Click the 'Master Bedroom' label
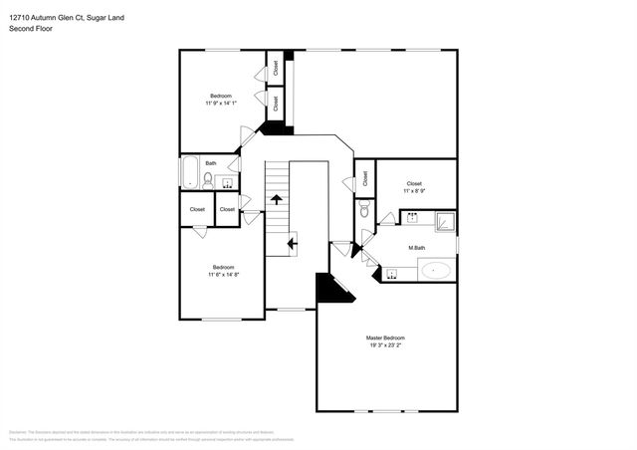[385, 338]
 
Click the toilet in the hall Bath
[207, 180]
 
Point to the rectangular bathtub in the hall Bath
[189, 172]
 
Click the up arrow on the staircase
[276, 199]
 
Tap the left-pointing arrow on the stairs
[292, 241]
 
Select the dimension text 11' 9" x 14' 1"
[220, 103]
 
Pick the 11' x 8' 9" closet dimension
[415, 191]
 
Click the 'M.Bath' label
[416, 247]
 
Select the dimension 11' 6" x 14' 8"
[223, 274]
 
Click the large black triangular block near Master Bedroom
[327, 290]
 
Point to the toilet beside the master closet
[365, 210]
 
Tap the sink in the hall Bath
[225, 181]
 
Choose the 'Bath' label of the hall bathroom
[210, 163]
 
